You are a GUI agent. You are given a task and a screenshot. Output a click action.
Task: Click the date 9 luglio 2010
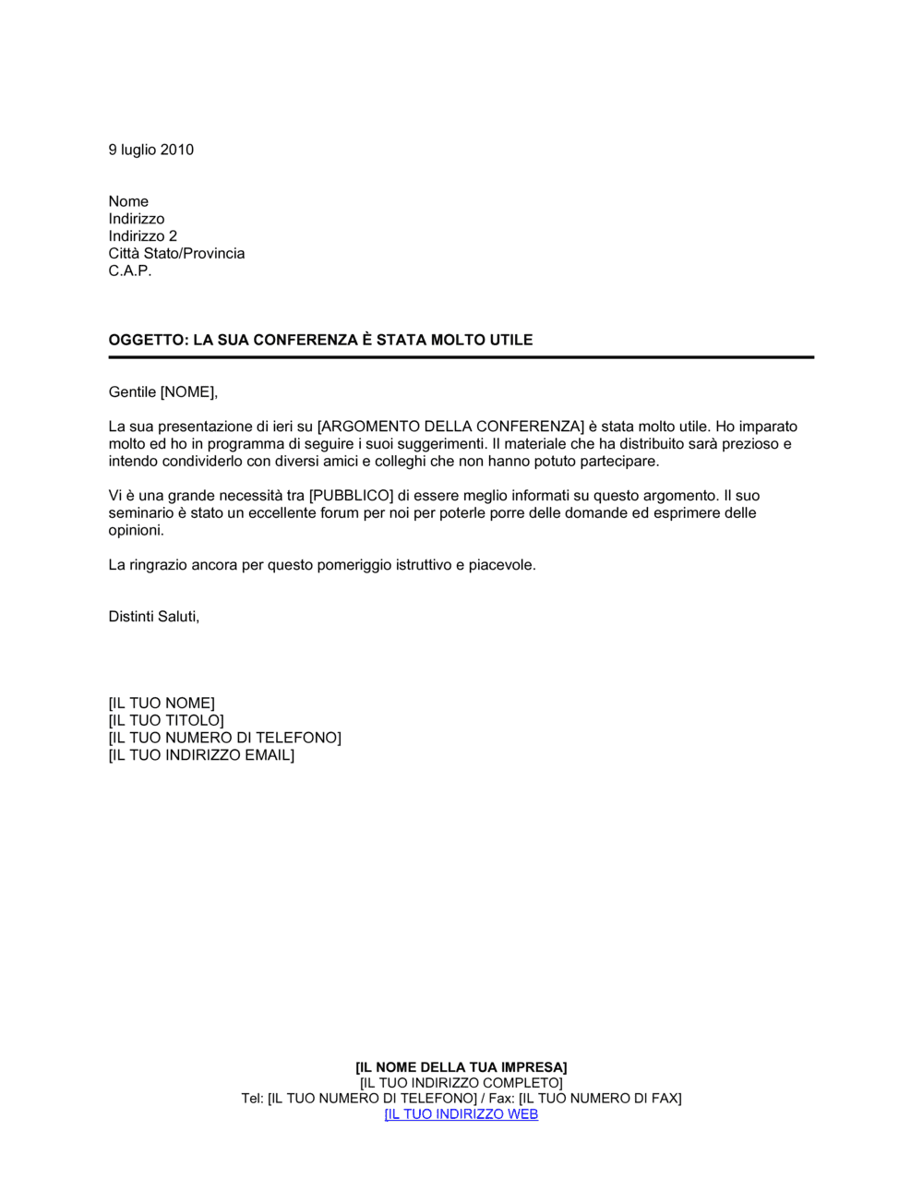coord(150,150)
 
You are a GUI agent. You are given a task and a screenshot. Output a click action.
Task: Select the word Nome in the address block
coord(128,201)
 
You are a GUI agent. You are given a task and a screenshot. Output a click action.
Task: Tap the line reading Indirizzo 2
coord(142,236)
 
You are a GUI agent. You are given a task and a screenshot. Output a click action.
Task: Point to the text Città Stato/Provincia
coord(176,253)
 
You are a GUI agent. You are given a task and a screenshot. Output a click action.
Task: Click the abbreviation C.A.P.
coord(129,271)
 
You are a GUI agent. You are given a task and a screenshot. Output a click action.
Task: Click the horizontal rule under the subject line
coord(461,357)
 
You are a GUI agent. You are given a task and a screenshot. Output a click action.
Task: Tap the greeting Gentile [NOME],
coord(162,392)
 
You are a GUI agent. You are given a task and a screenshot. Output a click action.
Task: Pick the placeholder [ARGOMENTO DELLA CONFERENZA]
coord(450,427)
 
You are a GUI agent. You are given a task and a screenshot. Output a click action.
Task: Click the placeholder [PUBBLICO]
coord(351,496)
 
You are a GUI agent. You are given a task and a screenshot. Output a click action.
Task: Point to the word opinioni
coord(136,530)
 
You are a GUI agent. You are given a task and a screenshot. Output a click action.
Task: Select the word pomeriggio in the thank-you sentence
coord(354,565)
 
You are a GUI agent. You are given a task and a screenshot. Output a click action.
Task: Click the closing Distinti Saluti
coord(153,617)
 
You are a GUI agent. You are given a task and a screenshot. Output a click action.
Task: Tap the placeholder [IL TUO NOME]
coord(162,704)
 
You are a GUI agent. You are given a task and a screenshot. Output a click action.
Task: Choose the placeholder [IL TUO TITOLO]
coord(166,720)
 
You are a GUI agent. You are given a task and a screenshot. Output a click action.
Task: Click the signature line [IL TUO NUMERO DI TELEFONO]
coord(224,738)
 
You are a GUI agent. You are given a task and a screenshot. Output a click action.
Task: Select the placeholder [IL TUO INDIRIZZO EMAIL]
coord(201,755)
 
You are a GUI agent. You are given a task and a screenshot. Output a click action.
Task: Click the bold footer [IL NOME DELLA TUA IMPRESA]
coord(461,1067)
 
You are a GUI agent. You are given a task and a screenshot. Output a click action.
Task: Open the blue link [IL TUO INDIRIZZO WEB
coord(461,1113)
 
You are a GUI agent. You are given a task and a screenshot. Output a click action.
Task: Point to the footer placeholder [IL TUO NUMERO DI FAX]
coord(600,1098)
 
